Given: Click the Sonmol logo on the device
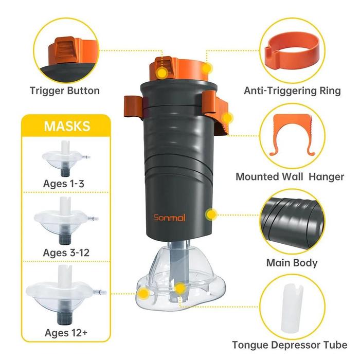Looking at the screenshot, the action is (169, 217).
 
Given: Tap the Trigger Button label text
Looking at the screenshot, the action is (65, 91).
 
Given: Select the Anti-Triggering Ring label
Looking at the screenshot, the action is (292, 91).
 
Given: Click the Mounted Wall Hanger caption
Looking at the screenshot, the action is (290, 177).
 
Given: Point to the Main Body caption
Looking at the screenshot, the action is (292, 263).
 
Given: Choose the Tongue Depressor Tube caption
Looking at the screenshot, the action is (290, 345).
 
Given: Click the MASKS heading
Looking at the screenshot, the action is (67, 127).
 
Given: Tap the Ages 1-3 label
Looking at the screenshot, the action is (64, 184).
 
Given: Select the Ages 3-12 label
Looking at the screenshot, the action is (66, 253).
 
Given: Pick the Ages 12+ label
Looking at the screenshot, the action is (66, 333).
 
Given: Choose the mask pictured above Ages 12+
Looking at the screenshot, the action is (66, 295).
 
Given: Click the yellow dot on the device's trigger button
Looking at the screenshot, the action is (163, 73).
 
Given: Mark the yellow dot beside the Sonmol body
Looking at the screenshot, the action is (211, 214).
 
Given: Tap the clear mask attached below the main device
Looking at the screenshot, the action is (181, 278).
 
